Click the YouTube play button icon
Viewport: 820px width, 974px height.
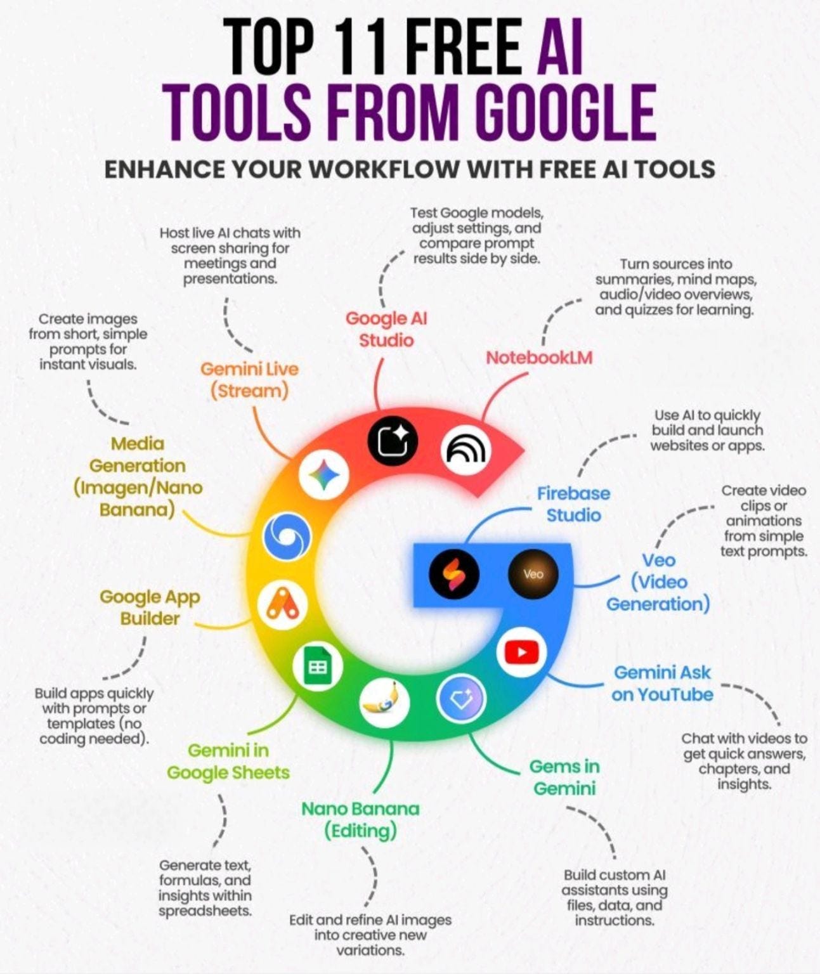coord(521,653)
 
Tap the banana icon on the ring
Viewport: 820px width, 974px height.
coord(384,702)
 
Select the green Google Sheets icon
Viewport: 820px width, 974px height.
coord(318,666)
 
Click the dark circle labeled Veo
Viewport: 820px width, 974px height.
coord(533,574)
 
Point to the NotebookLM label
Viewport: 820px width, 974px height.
coord(539,358)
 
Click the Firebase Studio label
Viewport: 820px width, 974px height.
coord(573,504)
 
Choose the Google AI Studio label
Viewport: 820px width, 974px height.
coord(386,329)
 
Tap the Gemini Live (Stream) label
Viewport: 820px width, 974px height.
coord(249,380)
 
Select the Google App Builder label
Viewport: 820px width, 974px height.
coord(150,607)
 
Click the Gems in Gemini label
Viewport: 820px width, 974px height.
coord(564,777)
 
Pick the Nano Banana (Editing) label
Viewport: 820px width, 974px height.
coord(360,819)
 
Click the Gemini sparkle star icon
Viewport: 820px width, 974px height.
coord(324,474)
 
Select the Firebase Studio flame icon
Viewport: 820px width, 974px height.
coord(453,574)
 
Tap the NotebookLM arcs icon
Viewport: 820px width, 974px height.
coord(466,450)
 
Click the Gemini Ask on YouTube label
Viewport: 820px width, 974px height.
coord(662,683)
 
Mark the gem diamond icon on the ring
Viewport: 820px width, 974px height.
coord(461,698)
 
